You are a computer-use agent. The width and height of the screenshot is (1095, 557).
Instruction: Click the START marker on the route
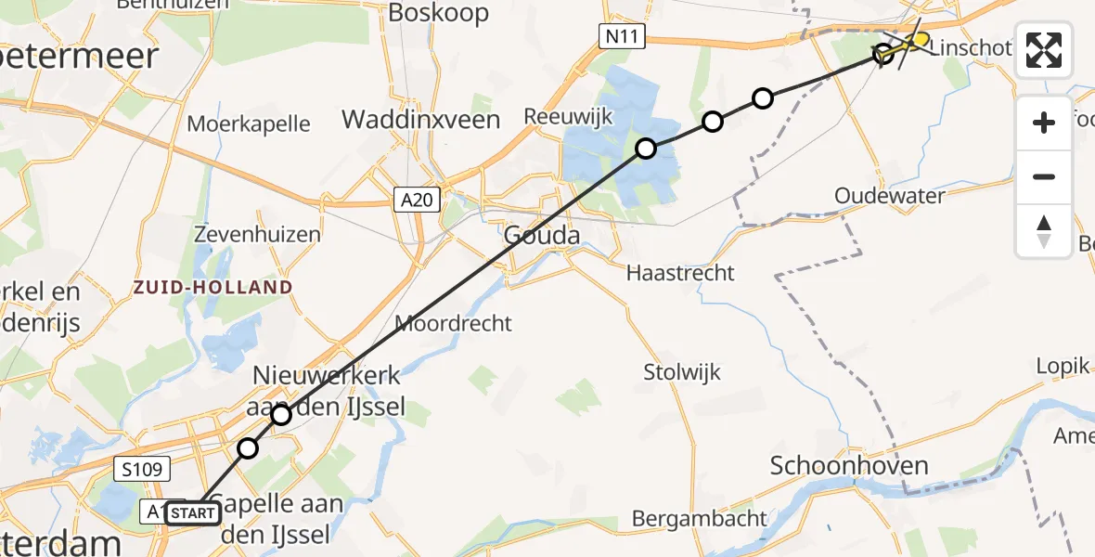coord(193,512)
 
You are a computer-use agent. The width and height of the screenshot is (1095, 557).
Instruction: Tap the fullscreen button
coord(1044,50)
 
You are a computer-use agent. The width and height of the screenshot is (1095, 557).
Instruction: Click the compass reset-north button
coord(1044,230)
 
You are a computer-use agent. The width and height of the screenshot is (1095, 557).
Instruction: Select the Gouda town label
coord(542,235)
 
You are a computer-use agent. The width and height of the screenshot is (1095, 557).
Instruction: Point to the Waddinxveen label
coord(421,120)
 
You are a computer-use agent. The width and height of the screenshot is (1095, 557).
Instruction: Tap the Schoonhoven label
coord(849,465)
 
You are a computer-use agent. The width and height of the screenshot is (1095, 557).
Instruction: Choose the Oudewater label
coord(889,196)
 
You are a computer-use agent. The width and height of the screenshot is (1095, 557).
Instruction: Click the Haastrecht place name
coord(680,273)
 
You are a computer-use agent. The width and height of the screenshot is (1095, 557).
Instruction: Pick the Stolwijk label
coord(682,372)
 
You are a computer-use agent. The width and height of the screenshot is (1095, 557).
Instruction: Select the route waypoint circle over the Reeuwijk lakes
coord(645,149)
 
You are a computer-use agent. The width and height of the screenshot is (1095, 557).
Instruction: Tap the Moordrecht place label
coord(453,323)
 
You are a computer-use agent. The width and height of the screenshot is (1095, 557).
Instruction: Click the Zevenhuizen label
coord(258,235)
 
